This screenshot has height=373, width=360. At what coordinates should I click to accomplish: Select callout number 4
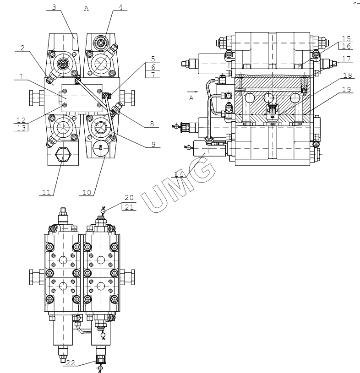coord(120,7)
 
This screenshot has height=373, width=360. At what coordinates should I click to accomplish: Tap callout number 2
coord(22,48)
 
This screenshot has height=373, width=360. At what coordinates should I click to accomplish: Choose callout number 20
coord(129,197)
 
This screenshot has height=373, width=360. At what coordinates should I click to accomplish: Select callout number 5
coord(153,59)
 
